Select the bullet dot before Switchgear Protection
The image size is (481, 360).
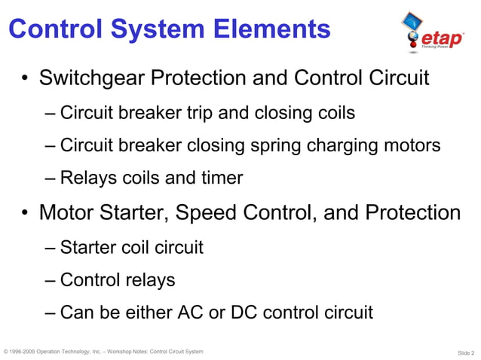tap(25, 79)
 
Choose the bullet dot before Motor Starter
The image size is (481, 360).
tap(25, 214)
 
